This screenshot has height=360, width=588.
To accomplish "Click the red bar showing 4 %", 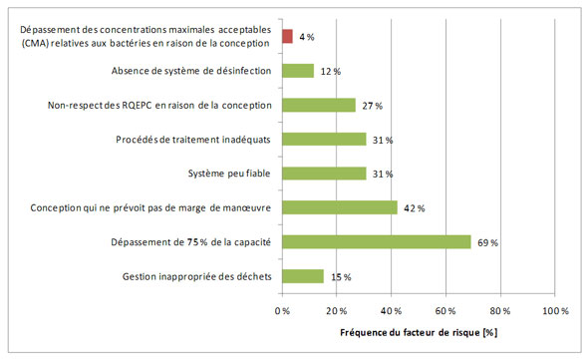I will click(287, 37).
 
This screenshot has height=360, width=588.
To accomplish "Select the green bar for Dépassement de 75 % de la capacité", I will click(376, 241).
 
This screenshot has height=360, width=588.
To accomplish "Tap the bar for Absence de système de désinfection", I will click(298, 71).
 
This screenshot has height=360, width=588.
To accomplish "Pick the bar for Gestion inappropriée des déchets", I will click(303, 276).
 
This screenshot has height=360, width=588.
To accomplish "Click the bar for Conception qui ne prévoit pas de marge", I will click(339, 207).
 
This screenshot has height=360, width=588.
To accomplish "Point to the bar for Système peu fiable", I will click(324, 174).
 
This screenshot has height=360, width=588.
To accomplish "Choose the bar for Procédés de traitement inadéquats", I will click(324, 140).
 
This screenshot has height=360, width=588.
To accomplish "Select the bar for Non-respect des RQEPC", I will click(319, 105).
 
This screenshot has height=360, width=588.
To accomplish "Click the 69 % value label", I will click(488, 242).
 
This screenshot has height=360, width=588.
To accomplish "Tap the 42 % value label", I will click(415, 208).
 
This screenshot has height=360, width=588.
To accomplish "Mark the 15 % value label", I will click(341, 277).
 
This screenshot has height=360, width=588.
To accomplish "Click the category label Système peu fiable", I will click(228, 174).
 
